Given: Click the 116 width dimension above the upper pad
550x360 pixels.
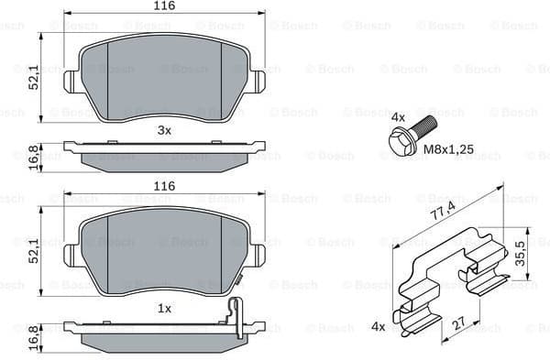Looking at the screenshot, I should [x=165, y=6].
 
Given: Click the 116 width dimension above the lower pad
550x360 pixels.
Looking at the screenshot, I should [x=165, y=186].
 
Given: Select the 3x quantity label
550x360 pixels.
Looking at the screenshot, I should [x=165, y=130].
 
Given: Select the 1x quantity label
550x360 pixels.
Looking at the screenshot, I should [x=165, y=310].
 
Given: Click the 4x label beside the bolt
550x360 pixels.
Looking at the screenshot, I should [x=398, y=118].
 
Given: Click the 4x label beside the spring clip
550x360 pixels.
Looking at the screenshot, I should [x=379, y=326].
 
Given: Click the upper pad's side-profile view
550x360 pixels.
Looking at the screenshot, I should [x=165, y=154].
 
